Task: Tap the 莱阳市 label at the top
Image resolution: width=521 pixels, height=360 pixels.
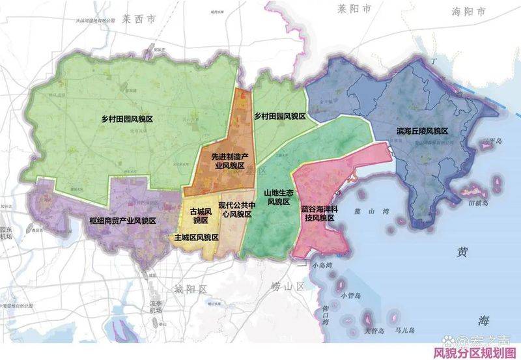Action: (353, 9)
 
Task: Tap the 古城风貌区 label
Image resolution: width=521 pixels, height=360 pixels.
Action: (199, 215)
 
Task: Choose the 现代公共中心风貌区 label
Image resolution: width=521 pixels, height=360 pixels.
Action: (234, 209)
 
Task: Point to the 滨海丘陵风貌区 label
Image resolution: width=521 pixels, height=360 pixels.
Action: (422, 132)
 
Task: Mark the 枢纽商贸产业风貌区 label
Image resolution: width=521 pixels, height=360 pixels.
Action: (122, 221)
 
